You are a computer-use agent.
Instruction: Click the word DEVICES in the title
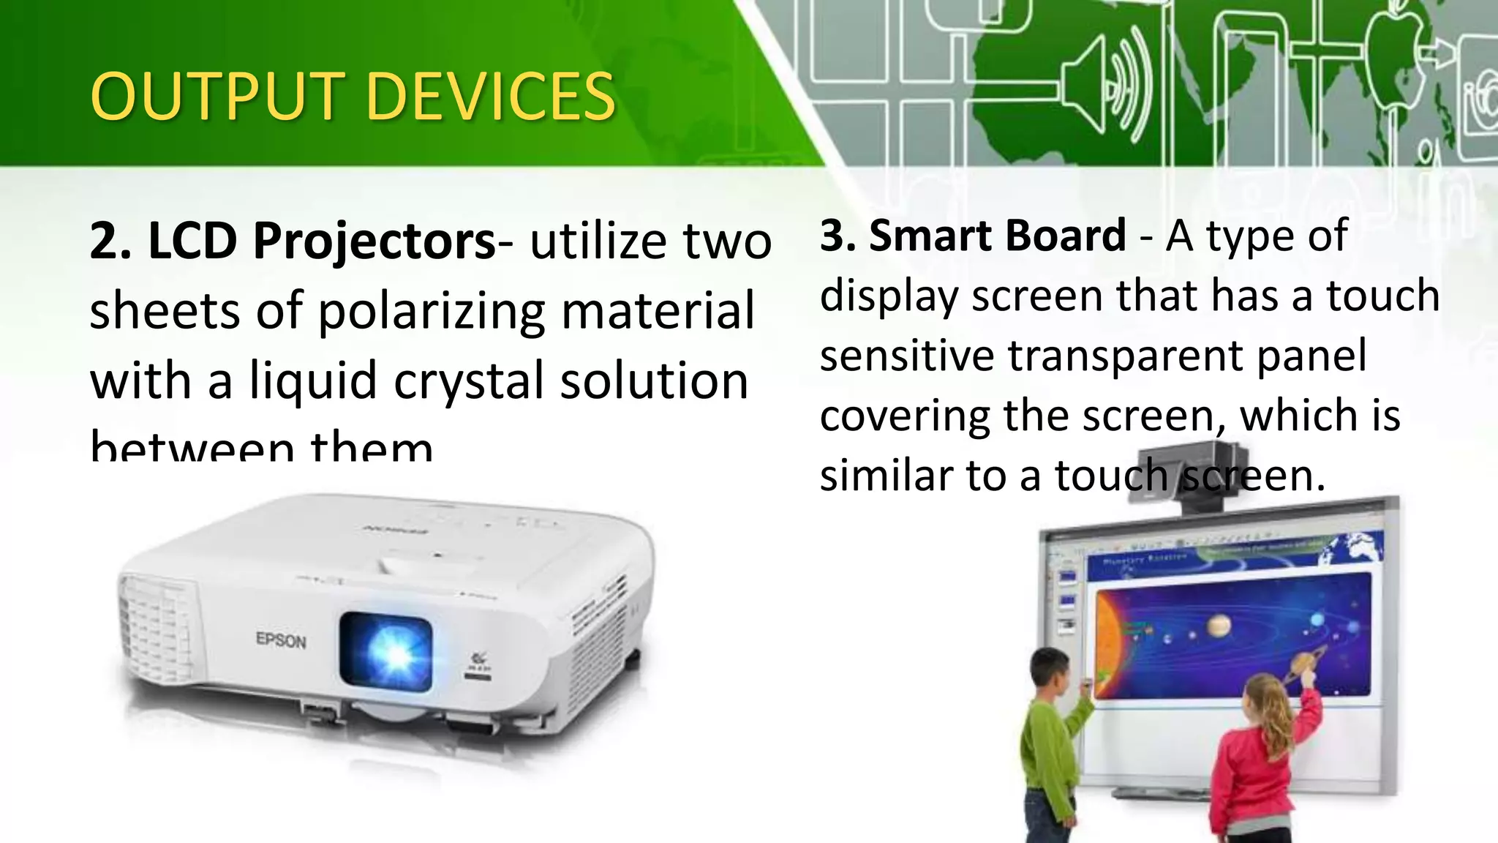[x=490, y=97]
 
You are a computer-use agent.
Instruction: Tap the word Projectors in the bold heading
[x=374, y=241]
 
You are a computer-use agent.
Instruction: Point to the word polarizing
[x=432, y=311]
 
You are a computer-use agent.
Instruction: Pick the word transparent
[x=1125, y=356]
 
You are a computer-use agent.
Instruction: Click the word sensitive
[x=906, y=356]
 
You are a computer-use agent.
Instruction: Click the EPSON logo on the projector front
[x=281, y=640]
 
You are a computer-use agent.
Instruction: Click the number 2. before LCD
[x=110, y=241]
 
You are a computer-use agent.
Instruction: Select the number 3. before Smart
[x=838, y=236]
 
